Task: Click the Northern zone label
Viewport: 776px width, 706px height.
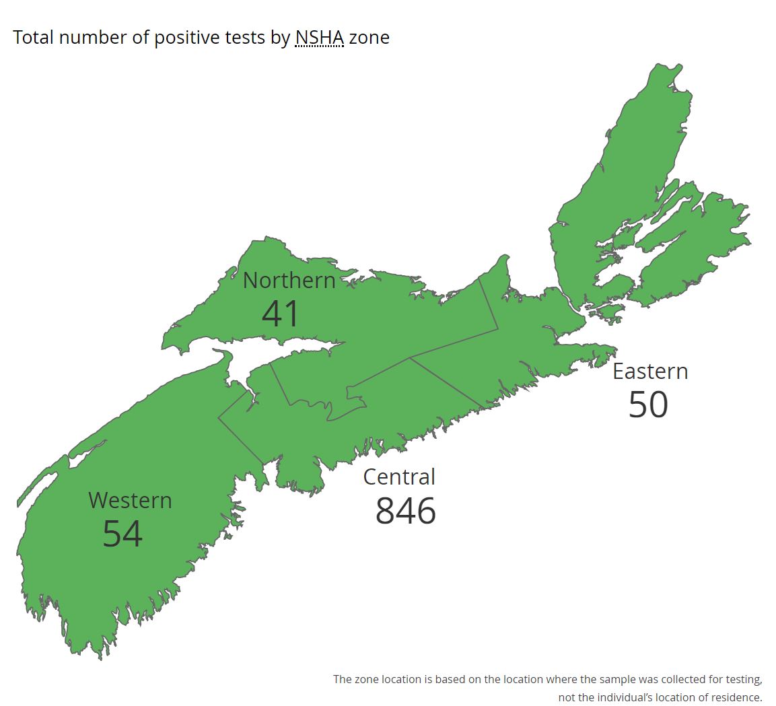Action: tap(289, 280)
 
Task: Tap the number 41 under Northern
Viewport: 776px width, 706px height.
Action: tap(280, 314)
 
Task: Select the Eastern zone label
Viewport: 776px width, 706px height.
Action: tap(650, 372)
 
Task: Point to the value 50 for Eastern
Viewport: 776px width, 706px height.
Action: tap(648, 404)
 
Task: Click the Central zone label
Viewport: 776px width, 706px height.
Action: tap(399, 476)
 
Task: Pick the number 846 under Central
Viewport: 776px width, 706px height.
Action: tap(405, 511)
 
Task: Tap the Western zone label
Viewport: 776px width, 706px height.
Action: tap(130, 501)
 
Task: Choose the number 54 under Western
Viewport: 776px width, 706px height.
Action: tap(122, 534)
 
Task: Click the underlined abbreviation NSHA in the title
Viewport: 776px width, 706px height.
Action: tap(320, 37)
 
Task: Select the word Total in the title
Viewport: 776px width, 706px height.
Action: tap(33, 37)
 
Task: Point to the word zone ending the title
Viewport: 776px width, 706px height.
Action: tap(369, 37)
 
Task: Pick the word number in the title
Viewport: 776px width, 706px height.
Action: tap(93, 37)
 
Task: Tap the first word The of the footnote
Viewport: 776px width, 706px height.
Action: tap(342, 679)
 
